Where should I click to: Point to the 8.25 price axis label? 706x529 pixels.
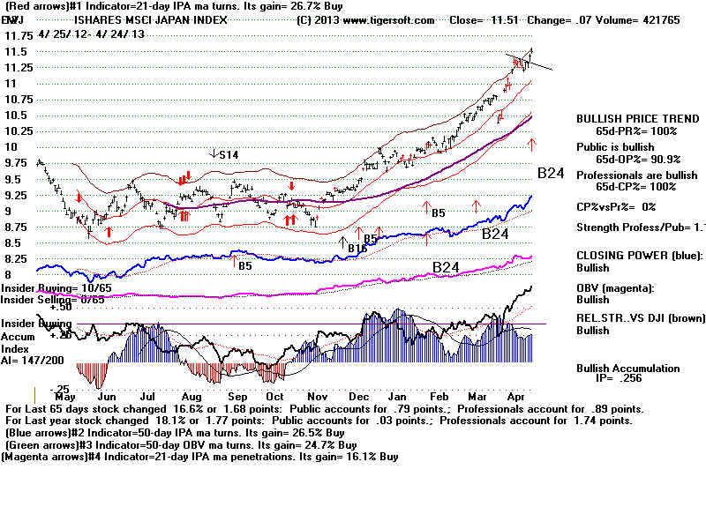(x=15, y=259)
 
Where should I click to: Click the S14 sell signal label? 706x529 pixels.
(x=227, y=155)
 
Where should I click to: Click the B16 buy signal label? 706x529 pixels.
(x=357, y=249)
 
